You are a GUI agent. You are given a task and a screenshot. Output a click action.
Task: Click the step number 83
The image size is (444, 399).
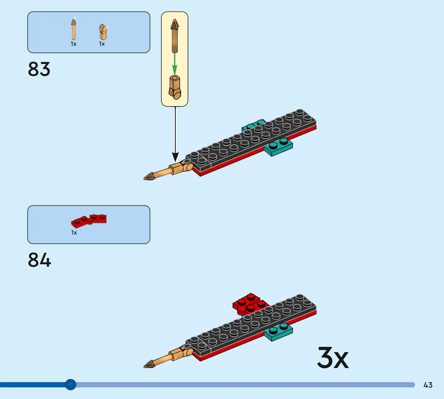click(x=39, y=69)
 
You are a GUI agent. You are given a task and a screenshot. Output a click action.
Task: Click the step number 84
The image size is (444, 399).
click(x=39, y=260)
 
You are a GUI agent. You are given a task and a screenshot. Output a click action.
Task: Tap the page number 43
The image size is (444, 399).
click(x=428, y=385)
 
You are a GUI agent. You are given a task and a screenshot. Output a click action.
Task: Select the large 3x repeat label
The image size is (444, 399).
click(x=333, y=358)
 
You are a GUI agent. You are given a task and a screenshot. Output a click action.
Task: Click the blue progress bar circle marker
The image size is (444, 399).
click(x=71, y=385)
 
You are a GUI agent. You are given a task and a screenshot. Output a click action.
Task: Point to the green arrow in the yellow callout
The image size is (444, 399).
click(x=174, y=64)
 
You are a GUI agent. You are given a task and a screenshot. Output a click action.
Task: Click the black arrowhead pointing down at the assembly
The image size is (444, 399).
click(x=175, y=157)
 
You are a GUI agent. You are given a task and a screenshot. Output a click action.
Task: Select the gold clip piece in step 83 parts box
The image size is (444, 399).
click(x=103, y=32)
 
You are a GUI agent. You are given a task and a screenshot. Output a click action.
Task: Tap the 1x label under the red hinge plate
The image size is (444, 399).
click(x=74, y=233)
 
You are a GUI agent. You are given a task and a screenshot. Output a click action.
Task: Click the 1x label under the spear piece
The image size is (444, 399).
click(x=73, y=44)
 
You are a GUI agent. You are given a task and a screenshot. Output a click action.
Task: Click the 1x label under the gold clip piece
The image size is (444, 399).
click(x=102, y=44)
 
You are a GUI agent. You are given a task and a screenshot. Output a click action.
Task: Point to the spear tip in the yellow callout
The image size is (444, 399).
click(x=175, y=25)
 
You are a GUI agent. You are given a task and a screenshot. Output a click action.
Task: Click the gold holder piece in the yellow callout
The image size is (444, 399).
click(x=175, y=87)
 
